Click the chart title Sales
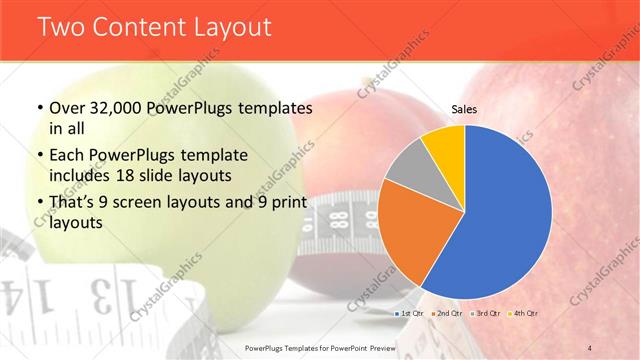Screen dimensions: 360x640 pyautogui.click(x=464, y=109)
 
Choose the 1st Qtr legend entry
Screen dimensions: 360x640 pyautogui.click(x=413, y=315)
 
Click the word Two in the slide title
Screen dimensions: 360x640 pyautogui.click(x=63, y=27)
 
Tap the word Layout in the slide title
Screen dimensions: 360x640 pyautogui.click(x=229, y=27)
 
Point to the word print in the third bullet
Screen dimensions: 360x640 pyautogui.click(x=291, y=203)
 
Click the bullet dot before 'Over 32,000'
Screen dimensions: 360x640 pyautogui.click(x=38, y=109)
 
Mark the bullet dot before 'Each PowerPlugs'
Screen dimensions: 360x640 pyautogui.click(x=38, y=156)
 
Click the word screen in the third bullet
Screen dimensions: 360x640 pyautogui.click(x=147, y=203)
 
